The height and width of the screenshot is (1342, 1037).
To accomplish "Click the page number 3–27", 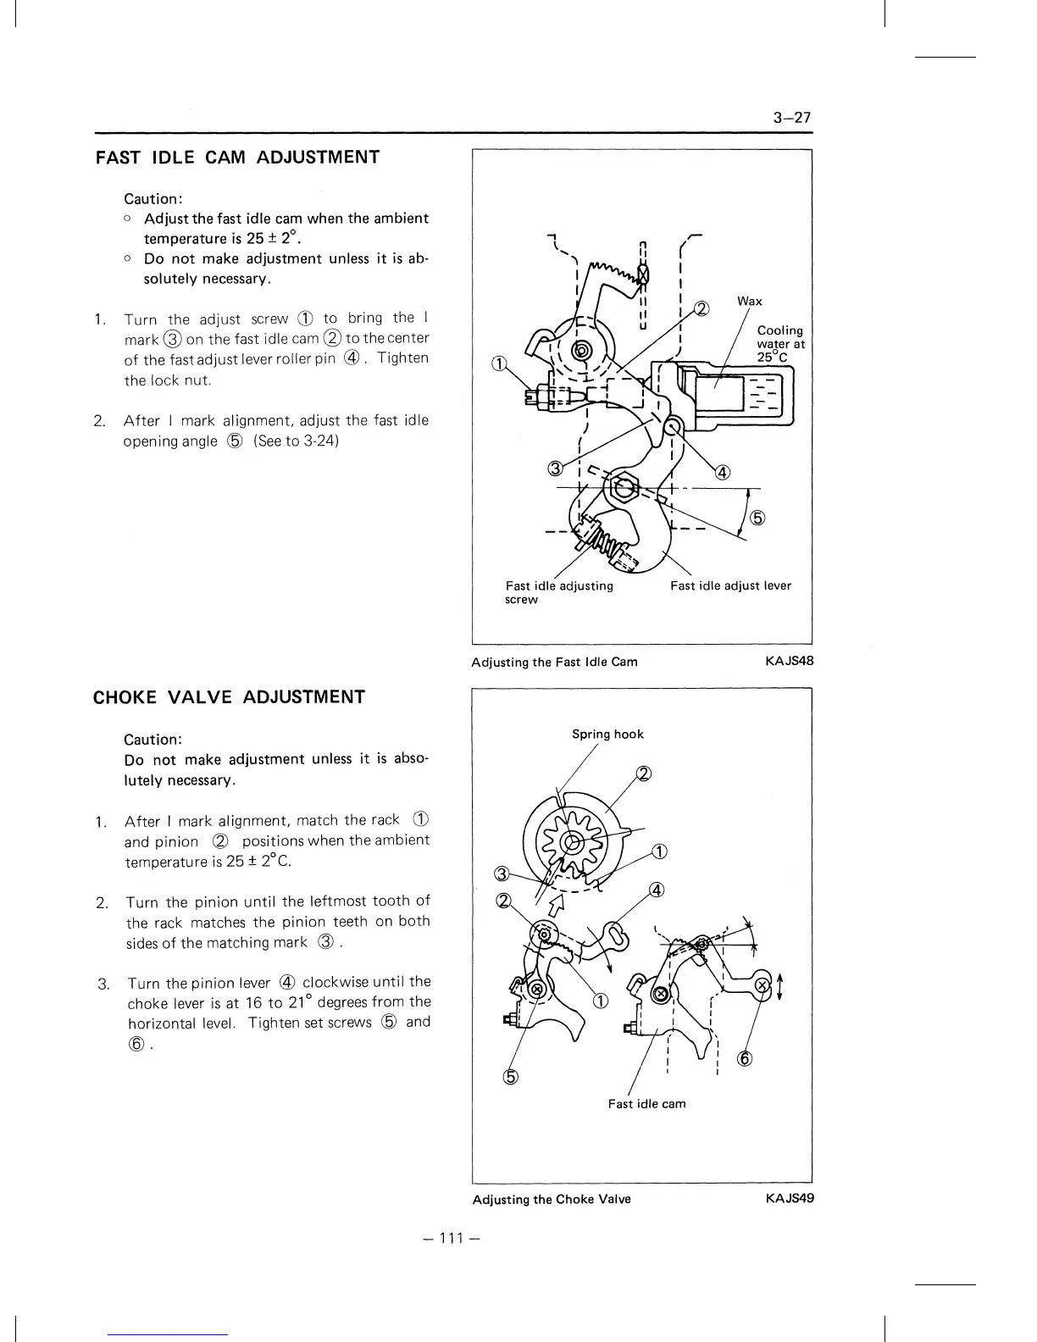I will click(792, 118).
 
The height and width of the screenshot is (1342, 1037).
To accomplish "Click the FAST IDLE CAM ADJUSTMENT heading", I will click(237, 158).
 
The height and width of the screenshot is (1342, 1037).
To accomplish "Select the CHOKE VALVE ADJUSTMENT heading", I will click(229, 697).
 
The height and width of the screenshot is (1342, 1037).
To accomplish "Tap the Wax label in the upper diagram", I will click(749, 302).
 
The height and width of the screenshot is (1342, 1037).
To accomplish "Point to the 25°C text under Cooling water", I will click(772, 358).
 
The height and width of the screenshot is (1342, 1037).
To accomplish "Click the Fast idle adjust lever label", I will click(730, 585).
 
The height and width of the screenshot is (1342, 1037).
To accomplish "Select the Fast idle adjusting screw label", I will click(559, 592).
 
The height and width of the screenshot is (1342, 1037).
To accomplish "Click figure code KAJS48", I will click(789, 662).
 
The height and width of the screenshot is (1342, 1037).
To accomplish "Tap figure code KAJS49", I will click(789, 1199).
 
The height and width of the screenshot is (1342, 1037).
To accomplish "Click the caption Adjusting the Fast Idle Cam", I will click(554, 662).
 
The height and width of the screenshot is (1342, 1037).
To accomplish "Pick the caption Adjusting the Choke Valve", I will click(552, 1199).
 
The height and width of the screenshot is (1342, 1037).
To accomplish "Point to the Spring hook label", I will click(607, 735).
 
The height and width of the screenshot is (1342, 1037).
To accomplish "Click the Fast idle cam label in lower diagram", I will click(646, 1104).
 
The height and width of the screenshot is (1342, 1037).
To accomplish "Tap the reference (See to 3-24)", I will click(297, 441).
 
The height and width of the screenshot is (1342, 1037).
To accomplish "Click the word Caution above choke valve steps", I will click(153, 739).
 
